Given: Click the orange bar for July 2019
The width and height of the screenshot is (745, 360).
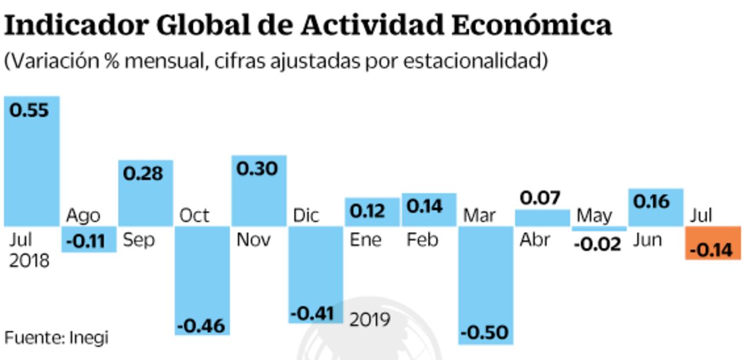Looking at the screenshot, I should click(713, 243).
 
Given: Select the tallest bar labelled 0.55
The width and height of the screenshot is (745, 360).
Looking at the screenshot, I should click(32, 161).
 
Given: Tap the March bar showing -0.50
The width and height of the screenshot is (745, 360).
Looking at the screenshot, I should click(486, 285).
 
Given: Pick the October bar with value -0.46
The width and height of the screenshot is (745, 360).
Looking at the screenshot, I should click(202, 280).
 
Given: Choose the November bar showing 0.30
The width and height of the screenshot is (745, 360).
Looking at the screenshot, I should click(259, 190).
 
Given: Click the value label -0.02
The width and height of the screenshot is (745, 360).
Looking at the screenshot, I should click(597, 244).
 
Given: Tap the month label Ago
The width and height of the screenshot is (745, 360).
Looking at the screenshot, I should click(84, 215).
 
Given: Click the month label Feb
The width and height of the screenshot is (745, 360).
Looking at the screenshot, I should click(422, 240).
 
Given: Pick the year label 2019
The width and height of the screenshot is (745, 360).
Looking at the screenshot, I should click(370, 319).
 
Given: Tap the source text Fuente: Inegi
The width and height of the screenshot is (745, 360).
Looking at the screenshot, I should click(57, 338).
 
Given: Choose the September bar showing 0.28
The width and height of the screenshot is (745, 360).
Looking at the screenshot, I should click(145, 193).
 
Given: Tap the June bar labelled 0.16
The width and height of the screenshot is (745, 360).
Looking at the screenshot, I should click(656, 207).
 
